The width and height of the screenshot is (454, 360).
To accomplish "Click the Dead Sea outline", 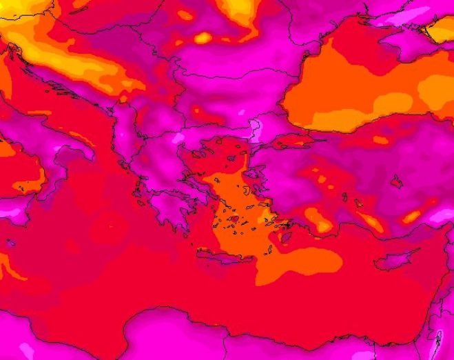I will coord(439,339).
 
